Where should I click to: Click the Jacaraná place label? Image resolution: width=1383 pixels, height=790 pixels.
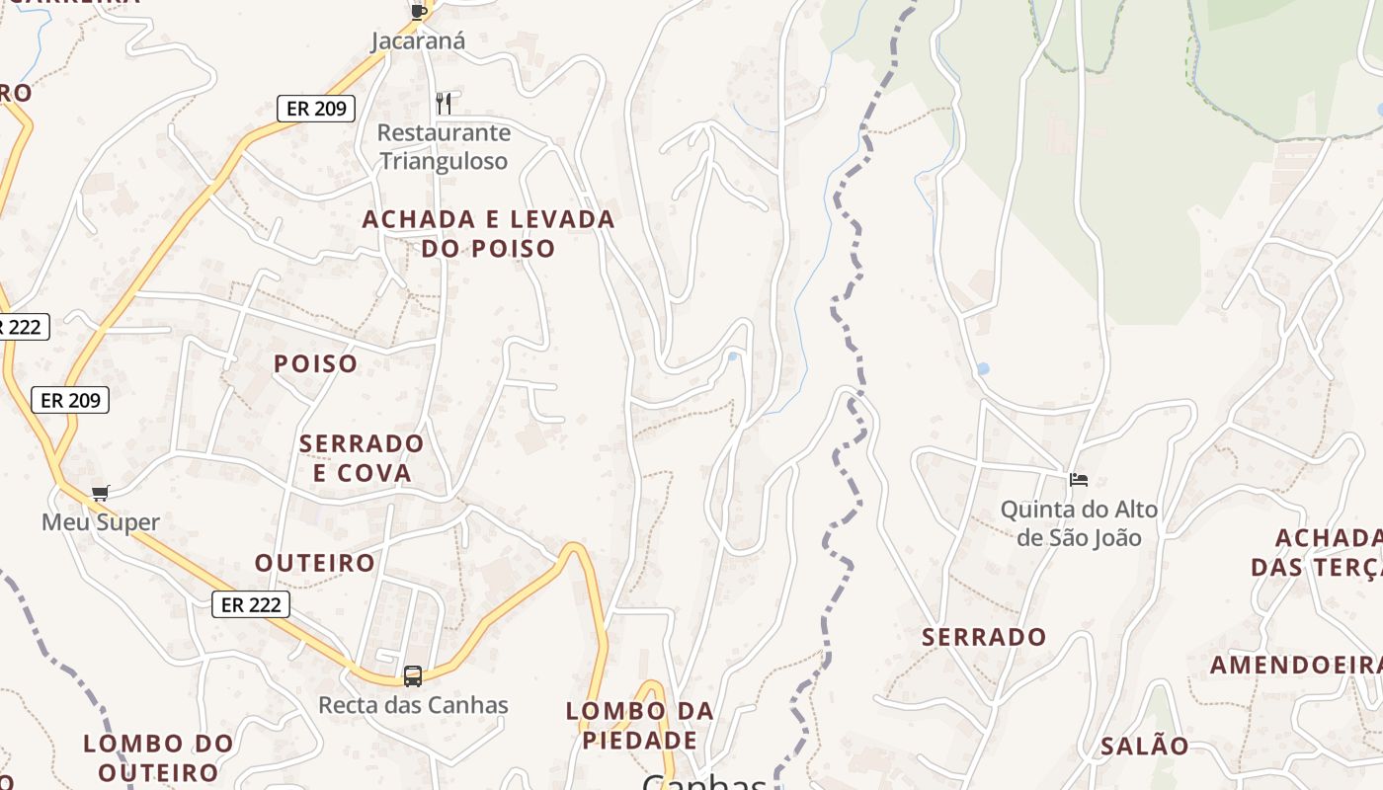[418, 41]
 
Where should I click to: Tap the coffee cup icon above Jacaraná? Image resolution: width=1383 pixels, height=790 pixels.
[419, 11]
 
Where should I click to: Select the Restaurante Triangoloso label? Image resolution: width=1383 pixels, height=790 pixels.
[444, 146]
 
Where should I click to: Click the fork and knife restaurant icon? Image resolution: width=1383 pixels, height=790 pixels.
[444, 103]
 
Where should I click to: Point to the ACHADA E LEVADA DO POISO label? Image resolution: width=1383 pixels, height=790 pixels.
[488, 233]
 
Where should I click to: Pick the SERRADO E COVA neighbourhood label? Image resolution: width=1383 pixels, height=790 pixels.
[362, 458]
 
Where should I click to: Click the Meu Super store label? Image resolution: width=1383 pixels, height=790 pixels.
[100, 521]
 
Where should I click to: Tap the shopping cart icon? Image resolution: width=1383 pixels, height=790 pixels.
[100, 493]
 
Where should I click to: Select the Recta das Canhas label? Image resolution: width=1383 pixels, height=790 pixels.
[413, 705]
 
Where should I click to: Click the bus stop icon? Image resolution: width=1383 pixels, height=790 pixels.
[413, 676]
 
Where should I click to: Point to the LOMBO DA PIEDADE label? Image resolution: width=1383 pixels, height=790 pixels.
[639, 725]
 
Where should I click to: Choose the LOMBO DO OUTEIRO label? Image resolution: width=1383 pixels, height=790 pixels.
[158, 757]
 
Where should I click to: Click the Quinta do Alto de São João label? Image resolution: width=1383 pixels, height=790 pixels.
[1079, 523]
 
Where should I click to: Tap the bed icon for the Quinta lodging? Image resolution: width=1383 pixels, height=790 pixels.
[1079, 480]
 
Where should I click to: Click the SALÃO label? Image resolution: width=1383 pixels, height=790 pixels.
[1145, 746]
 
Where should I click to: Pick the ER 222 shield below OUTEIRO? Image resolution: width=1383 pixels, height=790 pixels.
[251, 604]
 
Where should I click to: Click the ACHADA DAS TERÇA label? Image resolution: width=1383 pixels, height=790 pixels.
[1317, 552]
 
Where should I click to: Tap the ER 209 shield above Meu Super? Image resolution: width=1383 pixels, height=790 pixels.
[70, 400]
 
